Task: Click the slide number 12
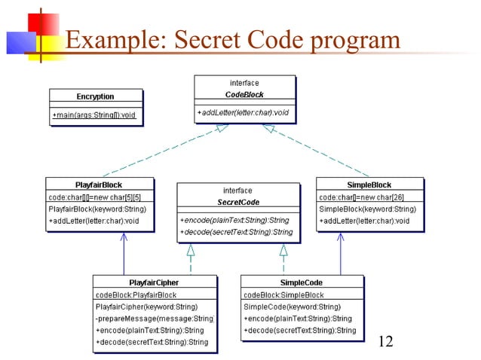coord(385,341)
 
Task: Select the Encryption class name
coord(95,96)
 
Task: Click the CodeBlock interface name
coord(244,95)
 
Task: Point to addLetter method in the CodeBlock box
coord(244,113)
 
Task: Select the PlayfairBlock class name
coord(99,185)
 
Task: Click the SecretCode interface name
coord(237,202)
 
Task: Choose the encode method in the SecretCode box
coord(234,220)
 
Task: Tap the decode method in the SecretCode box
coord(236,232)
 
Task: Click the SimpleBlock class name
coord(369,185)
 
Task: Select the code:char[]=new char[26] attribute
coord(362,197)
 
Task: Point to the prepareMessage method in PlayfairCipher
coord(154,319)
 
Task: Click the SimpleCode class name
coord(300,282)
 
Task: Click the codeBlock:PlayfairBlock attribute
coord(136,294)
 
